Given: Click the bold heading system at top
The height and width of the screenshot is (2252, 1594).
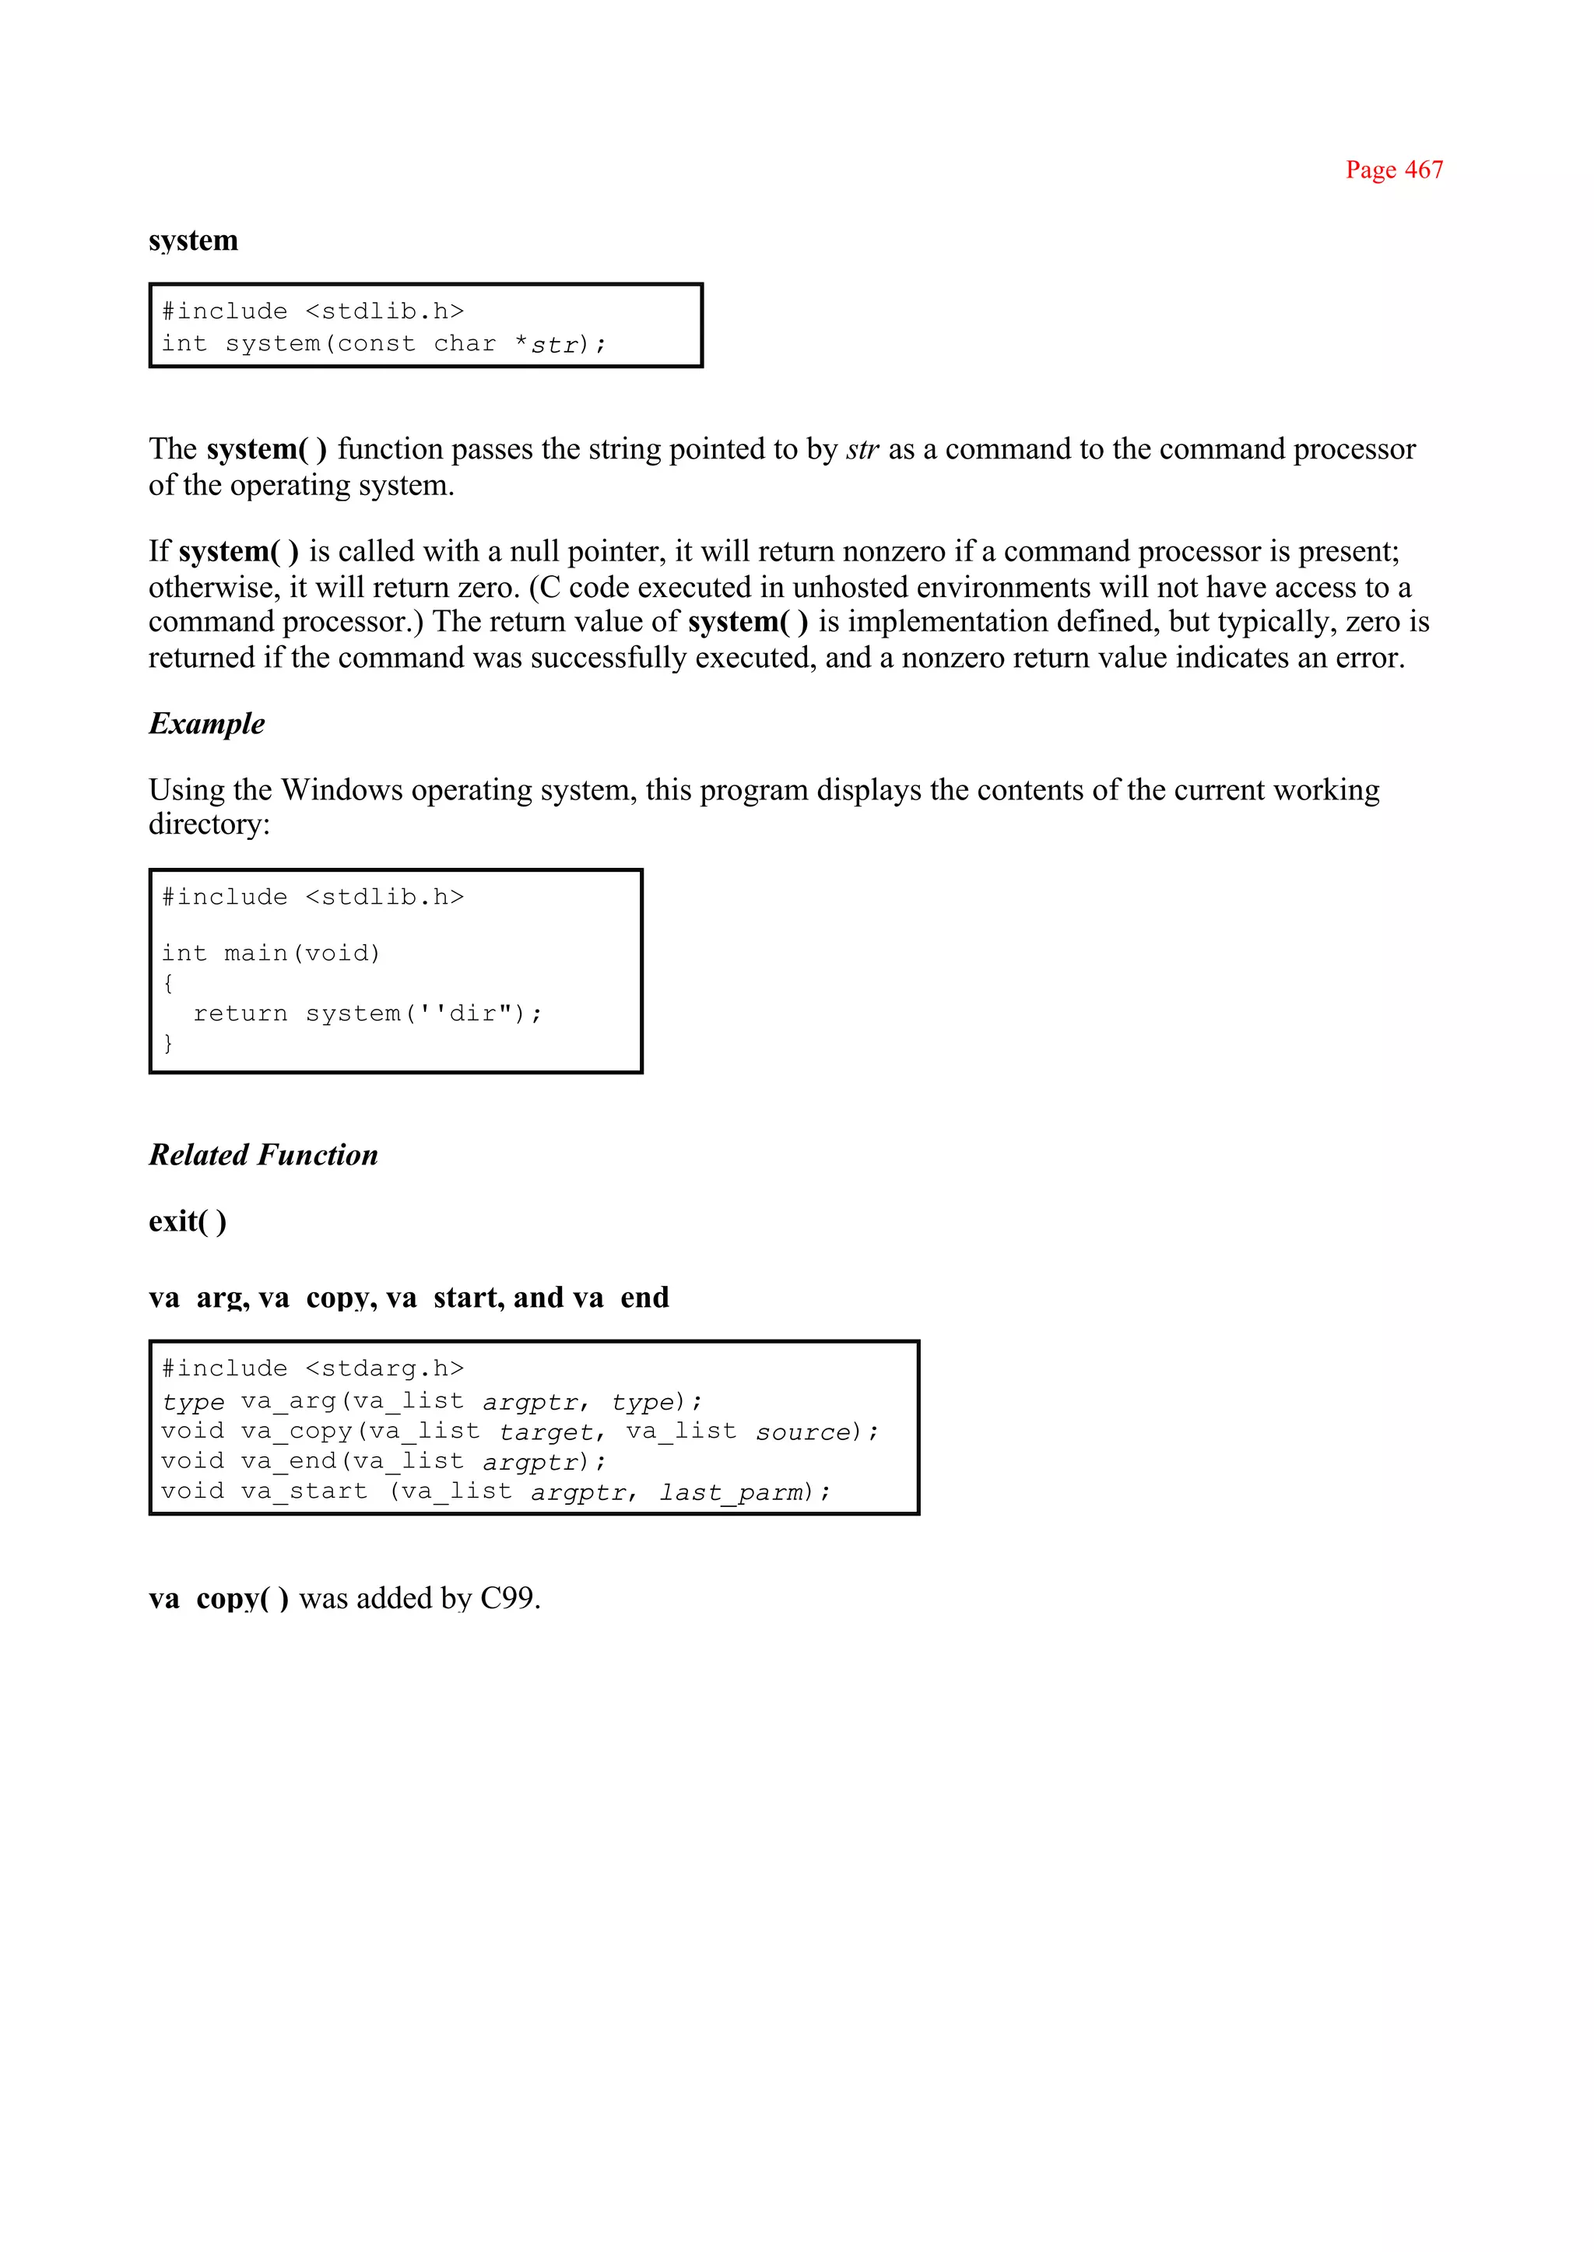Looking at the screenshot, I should pyautogui.click(x=193, y=241).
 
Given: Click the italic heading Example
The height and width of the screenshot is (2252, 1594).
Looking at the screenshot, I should pyautogui.click(x=206, y=723).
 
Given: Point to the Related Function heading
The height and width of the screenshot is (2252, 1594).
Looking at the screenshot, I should pyautogui.click(x=263, y=1154).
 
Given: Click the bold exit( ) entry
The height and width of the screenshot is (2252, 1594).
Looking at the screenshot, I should pyautogui.click(x=188, y=1221).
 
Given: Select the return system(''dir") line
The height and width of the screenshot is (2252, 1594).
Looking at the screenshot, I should pyautogui.click(x=367, y=1013).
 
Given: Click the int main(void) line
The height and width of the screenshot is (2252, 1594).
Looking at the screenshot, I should pyautogui.click(x=270, y=954).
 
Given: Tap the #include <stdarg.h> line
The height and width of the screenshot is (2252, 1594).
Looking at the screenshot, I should pyautogui.click(x=312, y=1368).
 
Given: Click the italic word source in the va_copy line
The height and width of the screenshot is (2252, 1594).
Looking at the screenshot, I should pyautogui.click(x=803, y=1432).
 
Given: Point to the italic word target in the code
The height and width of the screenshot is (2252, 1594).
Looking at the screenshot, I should pyautogui.click(x=545, y=1432).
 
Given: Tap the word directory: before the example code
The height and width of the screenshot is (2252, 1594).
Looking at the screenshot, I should pyautogui.click(x=208, y=824).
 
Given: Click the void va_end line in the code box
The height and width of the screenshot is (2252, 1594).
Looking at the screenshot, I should pyautogui.click(x=383, y=1463).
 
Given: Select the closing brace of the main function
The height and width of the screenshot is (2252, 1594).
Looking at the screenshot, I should pyautogui.click(x=168, y=1042).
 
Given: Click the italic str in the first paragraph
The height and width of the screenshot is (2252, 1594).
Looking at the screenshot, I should pyautogui.click(x=862, y=450).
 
